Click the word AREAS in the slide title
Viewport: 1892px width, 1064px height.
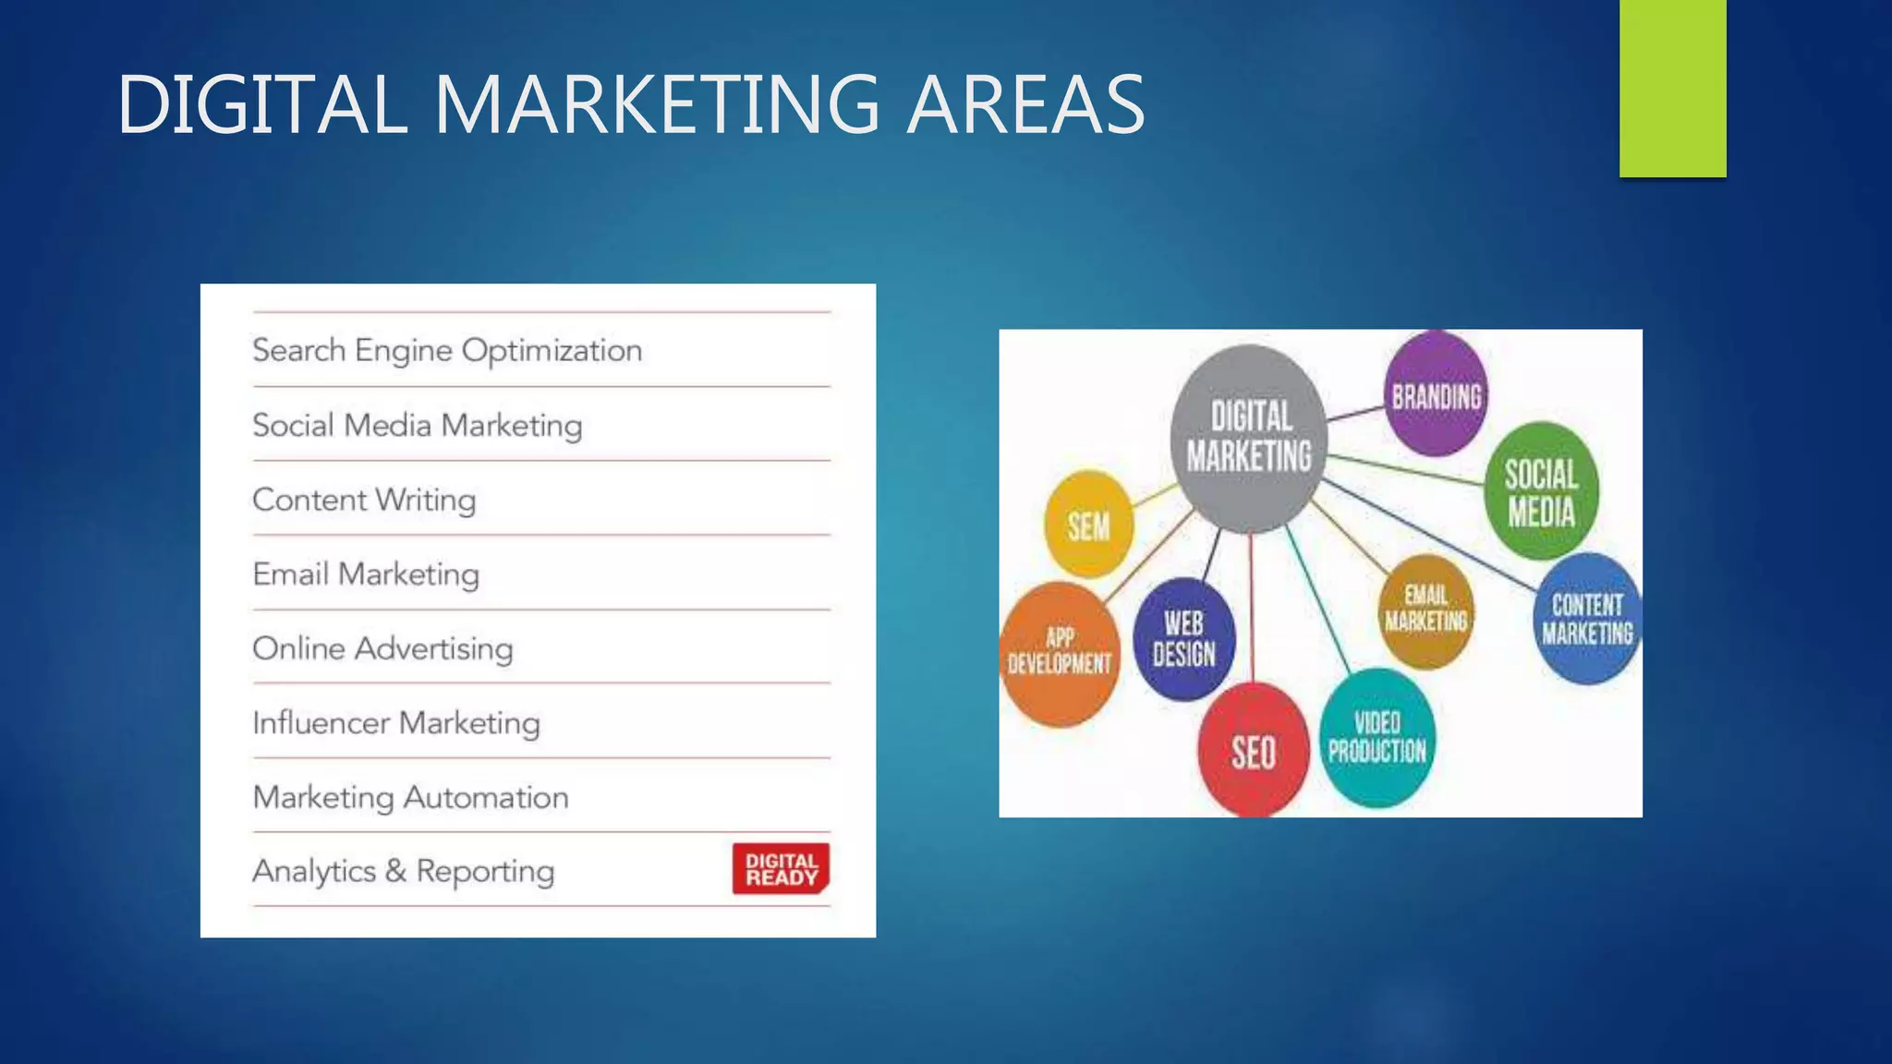point(1025,104)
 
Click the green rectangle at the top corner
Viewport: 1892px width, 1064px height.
point(1672,88)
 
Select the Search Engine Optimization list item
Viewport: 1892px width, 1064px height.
point(447,351)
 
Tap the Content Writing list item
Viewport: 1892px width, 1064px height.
point(364,501)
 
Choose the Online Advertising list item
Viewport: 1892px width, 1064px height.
point(382,649)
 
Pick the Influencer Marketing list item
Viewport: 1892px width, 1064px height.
point(396,723)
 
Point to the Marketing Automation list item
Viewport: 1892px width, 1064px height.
point(410,798)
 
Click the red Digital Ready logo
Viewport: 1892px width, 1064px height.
point(781,869)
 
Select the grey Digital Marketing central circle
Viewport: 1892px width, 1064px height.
point(1249,437)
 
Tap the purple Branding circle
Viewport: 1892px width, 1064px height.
point(1437,395)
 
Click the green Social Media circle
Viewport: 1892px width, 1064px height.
point(1541,492)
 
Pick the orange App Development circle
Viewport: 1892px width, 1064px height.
point(1059,652)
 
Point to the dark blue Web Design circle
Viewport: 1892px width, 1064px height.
point(1183,639)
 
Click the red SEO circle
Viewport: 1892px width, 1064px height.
point(1253,751)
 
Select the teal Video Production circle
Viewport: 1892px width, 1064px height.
point(1377,737)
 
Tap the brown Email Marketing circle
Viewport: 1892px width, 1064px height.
point(1425,610)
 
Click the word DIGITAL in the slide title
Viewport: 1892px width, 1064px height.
point(262,104)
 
